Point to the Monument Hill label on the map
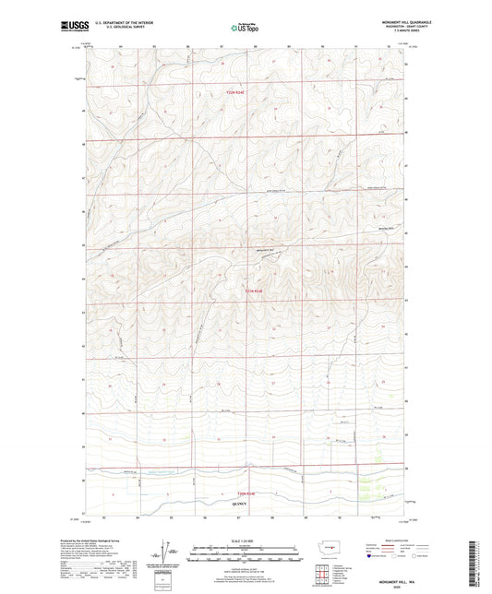pyautogui.click(x=265, y=253)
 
